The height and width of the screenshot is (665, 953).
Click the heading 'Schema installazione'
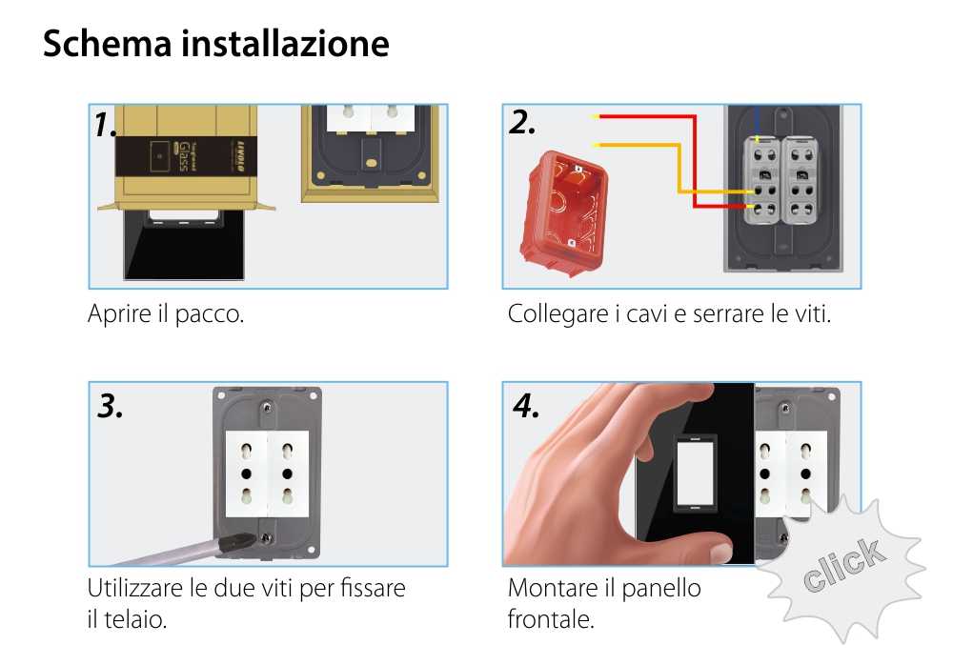[215, 44]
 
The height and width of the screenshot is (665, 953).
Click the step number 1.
[105, 125]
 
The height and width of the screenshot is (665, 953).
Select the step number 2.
[522, 123]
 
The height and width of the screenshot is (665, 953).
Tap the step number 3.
[111, 406]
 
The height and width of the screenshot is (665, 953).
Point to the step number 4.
[526, 406]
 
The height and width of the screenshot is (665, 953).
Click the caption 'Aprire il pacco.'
[166, 313]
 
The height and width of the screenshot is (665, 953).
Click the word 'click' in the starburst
[841, 566]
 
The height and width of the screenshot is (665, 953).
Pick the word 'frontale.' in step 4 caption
[551, 619]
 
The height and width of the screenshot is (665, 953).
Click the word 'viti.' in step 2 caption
[811, 313]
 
